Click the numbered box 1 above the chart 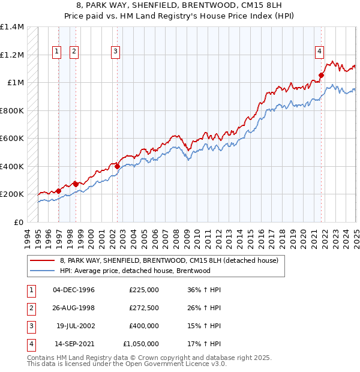56,52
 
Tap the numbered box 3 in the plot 114,52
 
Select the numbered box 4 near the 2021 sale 320,52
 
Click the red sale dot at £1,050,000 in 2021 322,76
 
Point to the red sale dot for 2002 118,166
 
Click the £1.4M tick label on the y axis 12,27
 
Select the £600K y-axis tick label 12,139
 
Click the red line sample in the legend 43,261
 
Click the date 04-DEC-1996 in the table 74,290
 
